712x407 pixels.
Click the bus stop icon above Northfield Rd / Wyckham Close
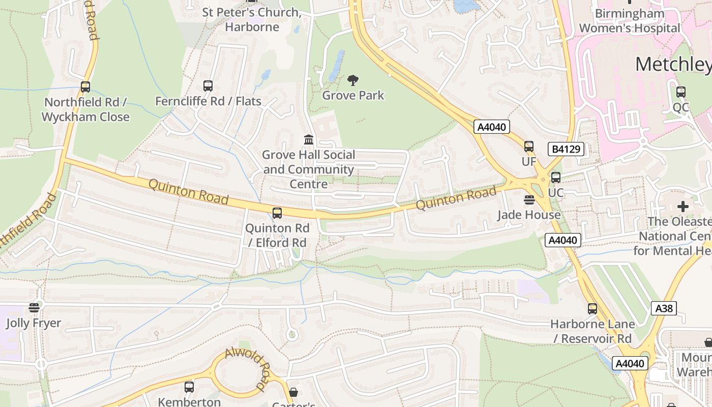(x=85, y=87)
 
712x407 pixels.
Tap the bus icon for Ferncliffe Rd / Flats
(x=207, y=86)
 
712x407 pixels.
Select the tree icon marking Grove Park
(x=353, y=80)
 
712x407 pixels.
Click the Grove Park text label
(x=353, y=95)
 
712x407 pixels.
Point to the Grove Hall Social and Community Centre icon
(x=309, y=139)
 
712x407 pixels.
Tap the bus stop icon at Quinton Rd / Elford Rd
(x=277, y=213)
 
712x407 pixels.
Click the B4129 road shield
(x=566, y=149)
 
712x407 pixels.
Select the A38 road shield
(x=664, y=308)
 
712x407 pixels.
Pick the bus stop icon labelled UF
(x=529, y=147)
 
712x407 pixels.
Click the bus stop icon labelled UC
(x=556, y=178)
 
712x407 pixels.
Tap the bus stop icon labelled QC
(x=680, y=92)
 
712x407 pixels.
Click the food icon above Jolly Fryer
(x=34, y=308)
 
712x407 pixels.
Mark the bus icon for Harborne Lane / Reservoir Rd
(x=592, y=308)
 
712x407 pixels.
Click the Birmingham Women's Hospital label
(x=630, y=21)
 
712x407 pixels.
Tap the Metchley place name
(x=673, y=64)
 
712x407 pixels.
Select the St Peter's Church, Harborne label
(x=252, y=19)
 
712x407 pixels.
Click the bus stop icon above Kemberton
(x=189, y=387)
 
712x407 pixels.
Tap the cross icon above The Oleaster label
(x=683, y=207)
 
